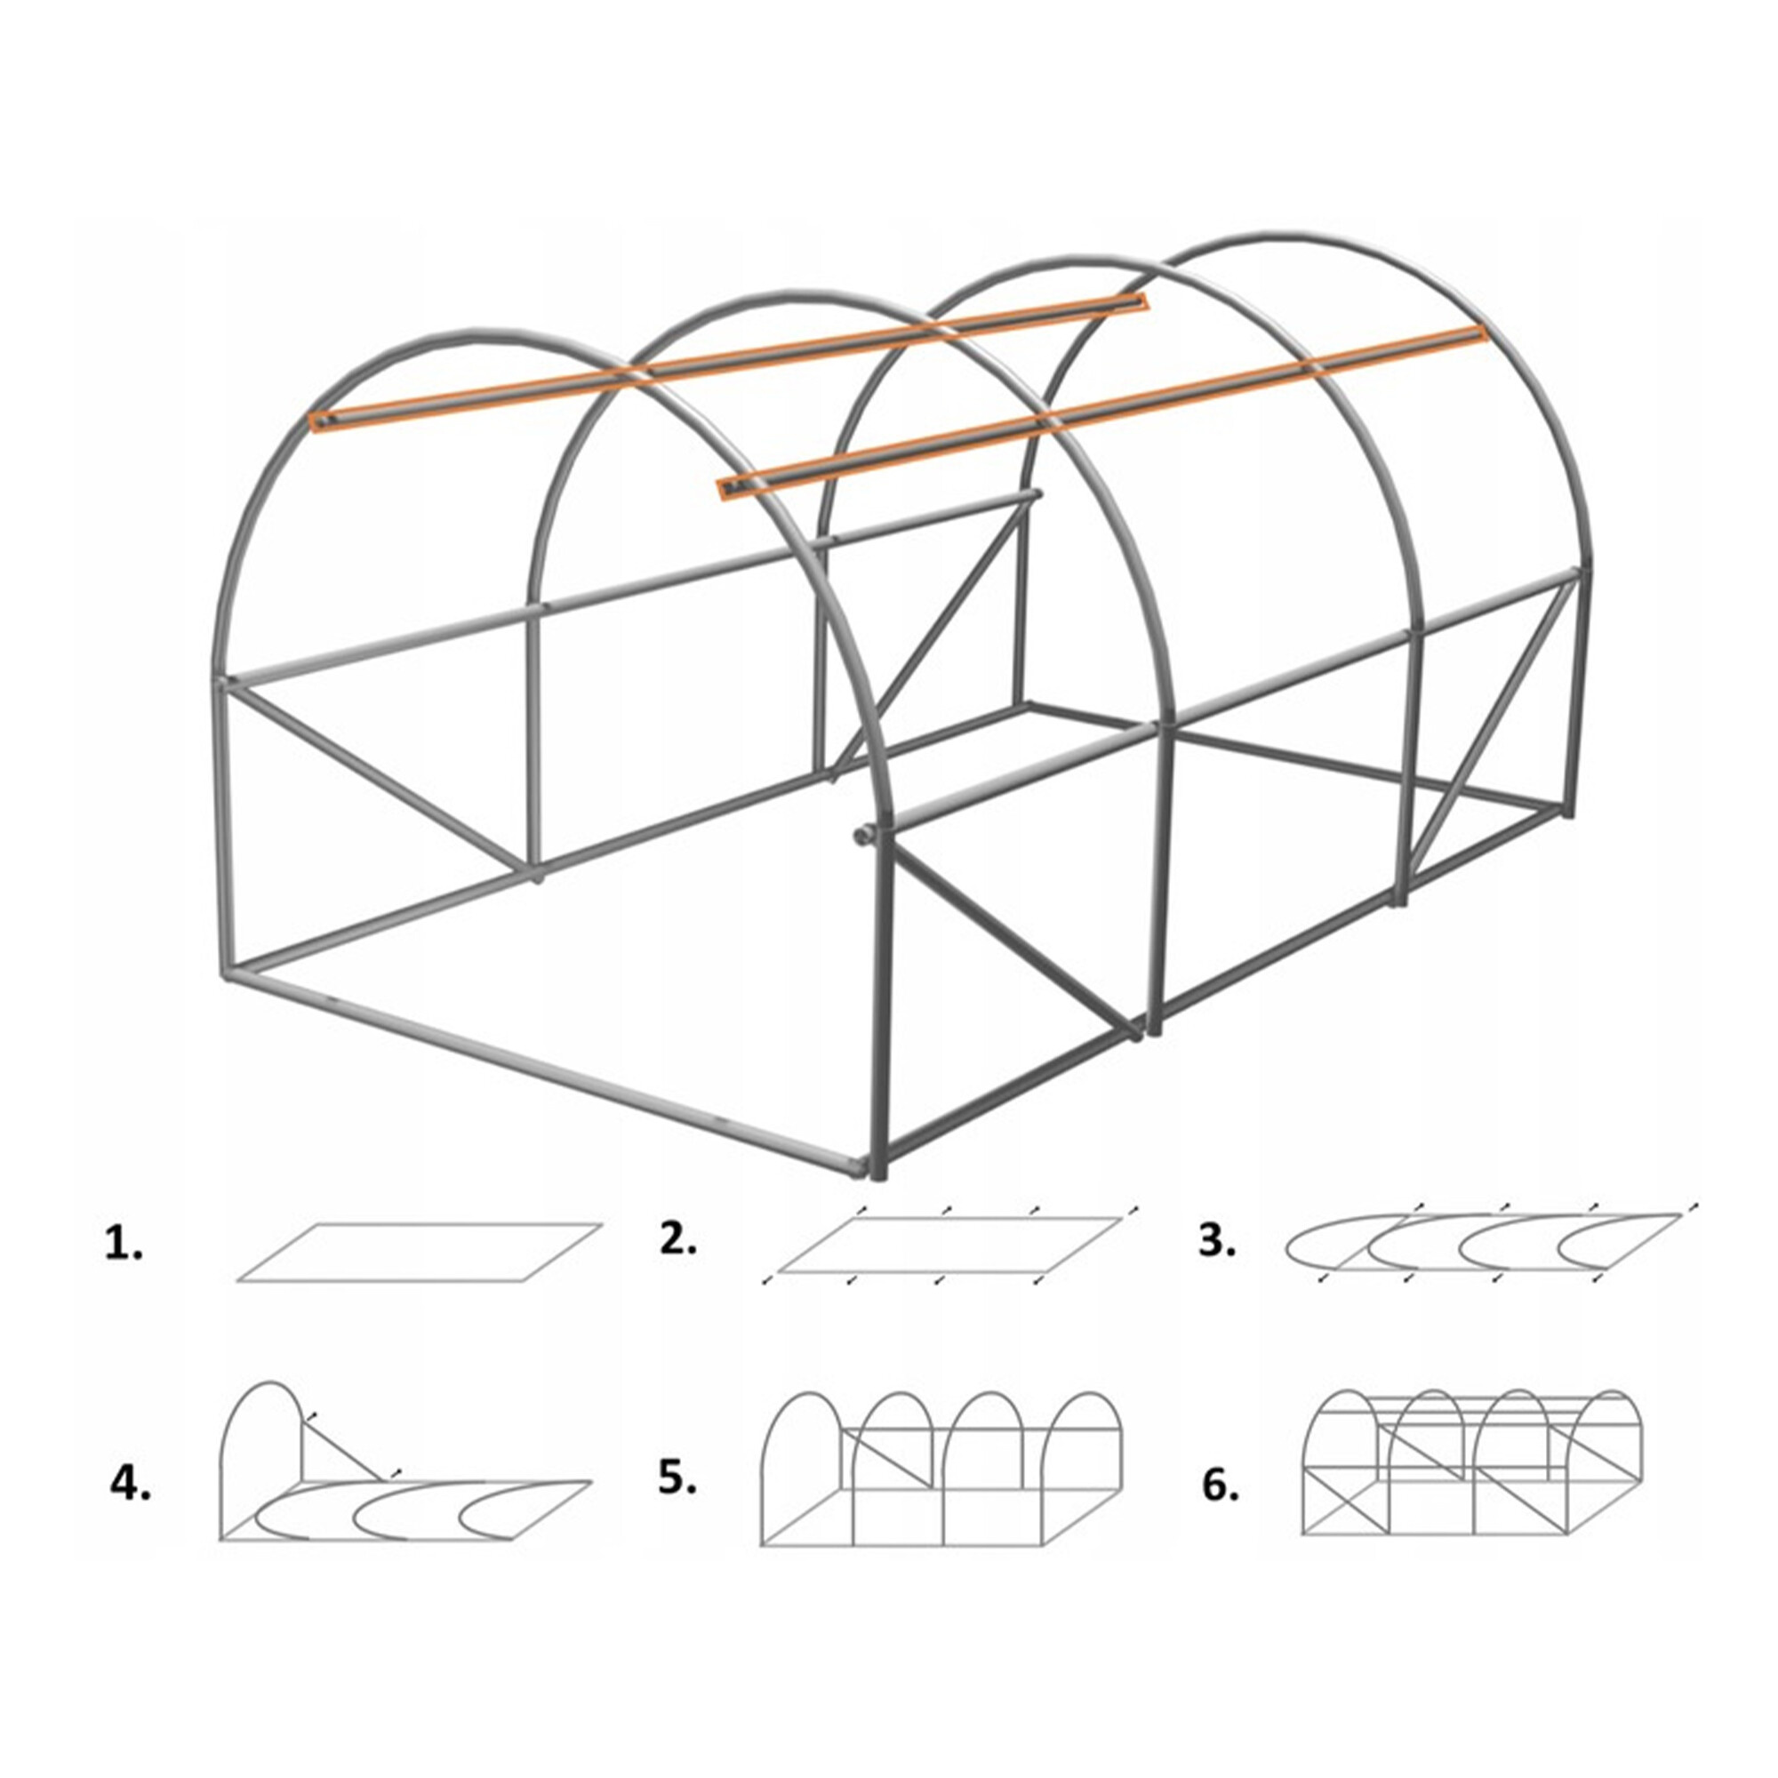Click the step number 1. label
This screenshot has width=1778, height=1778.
[x=124, y=1246]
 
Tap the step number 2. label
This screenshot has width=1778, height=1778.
[x=678, y=1239]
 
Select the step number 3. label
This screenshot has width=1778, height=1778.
[x=1218, y=1241]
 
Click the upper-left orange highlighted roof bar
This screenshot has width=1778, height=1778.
[x=729, y=361]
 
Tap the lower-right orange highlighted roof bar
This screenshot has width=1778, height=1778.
[x=1102, y=412]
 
